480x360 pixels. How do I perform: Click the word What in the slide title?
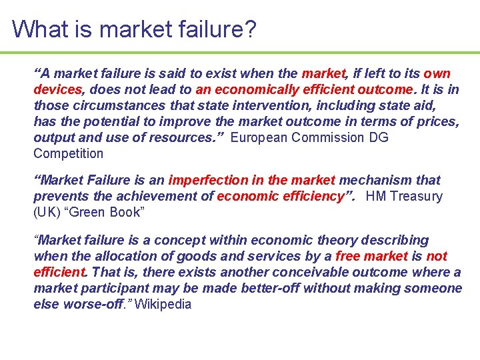[37, 29]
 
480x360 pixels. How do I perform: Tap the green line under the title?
[240, 53]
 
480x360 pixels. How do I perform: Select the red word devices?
[58, 89]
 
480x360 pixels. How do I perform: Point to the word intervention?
[277, 105]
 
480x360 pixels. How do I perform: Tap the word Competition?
[69, 153]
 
